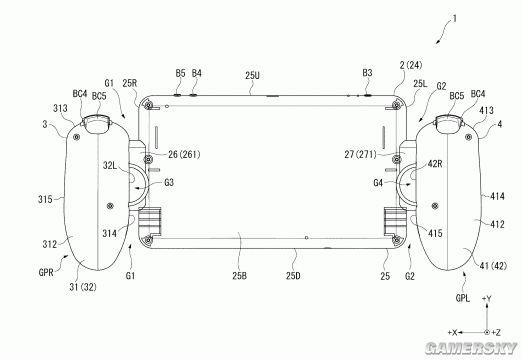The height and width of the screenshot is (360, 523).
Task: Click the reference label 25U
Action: point(252,75)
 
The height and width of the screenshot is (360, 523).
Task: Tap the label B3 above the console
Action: point(367,73)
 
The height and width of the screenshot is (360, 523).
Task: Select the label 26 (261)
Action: point(184,154)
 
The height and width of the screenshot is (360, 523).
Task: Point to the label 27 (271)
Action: point(361,154)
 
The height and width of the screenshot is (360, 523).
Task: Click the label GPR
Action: point(46,272)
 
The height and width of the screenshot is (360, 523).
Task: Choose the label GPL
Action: point(463,298)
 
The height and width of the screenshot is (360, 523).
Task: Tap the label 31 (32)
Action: point(83,287)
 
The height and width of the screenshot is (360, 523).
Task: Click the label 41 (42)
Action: point(493,266)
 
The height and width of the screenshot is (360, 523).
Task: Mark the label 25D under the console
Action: point(293,276)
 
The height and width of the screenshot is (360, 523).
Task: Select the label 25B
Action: point(240,276)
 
